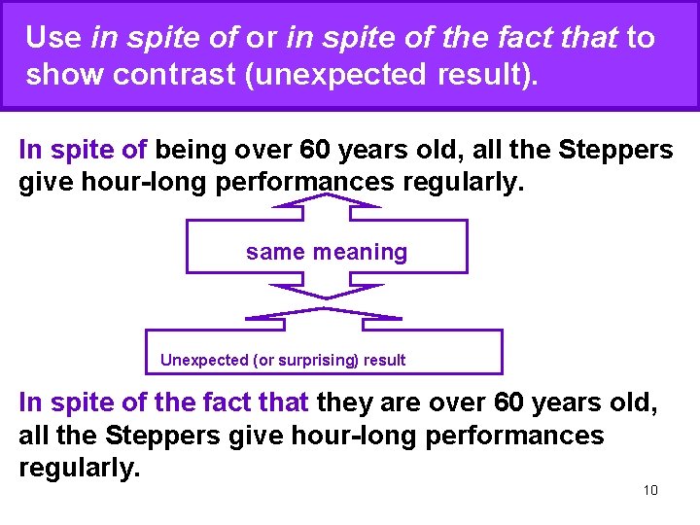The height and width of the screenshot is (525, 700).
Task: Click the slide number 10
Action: click(x=650, y=489)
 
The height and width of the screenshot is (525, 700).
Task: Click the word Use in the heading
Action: click(x=53, y=38)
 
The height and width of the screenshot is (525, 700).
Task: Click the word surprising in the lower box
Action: click(x=318, y=360)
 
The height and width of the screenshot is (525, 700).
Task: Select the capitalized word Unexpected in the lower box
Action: click(x=204, y=360)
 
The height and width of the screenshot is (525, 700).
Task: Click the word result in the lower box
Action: click(x=385, y=360)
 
